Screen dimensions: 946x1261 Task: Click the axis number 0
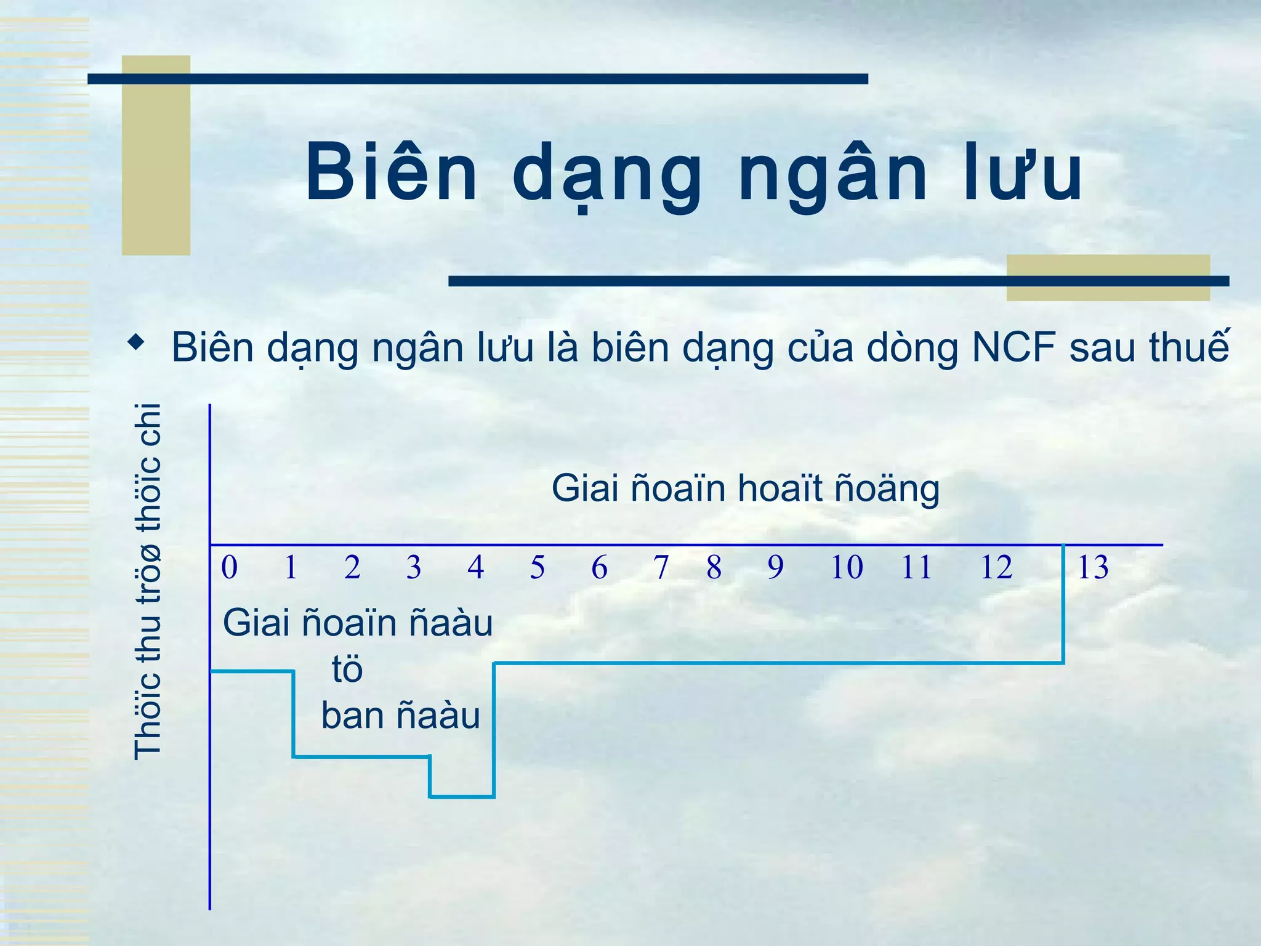229,567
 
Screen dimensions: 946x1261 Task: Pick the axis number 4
475,567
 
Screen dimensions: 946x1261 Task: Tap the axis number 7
661,567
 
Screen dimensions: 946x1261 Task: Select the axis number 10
847,567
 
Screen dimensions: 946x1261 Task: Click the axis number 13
1093,567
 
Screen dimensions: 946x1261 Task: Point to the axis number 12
996,567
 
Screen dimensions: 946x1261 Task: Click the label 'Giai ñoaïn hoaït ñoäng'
745,488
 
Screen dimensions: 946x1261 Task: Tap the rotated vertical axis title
148,581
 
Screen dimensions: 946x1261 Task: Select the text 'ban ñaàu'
400,716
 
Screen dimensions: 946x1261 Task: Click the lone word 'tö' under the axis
347,669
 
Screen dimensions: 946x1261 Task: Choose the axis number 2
352,567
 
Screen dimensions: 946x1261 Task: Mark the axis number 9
775,567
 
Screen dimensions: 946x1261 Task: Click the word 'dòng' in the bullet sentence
913,347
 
